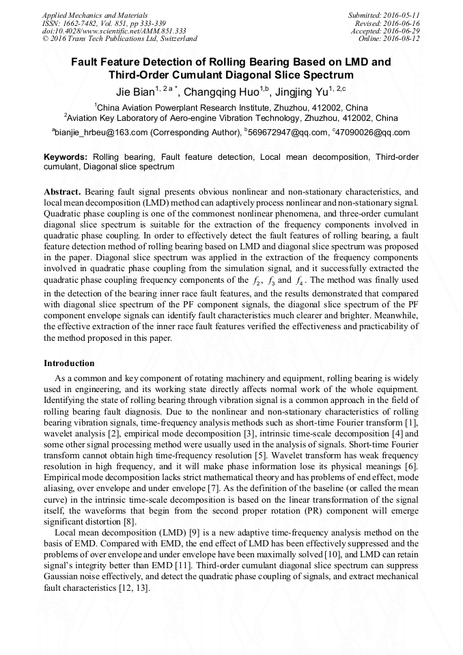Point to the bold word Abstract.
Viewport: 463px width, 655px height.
pos(61,193)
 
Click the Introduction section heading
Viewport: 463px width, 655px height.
pos(69,363)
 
